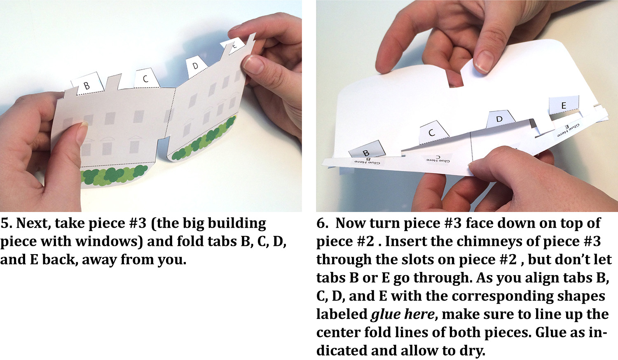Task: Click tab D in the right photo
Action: (500, 119)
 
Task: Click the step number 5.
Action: (6, 223)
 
